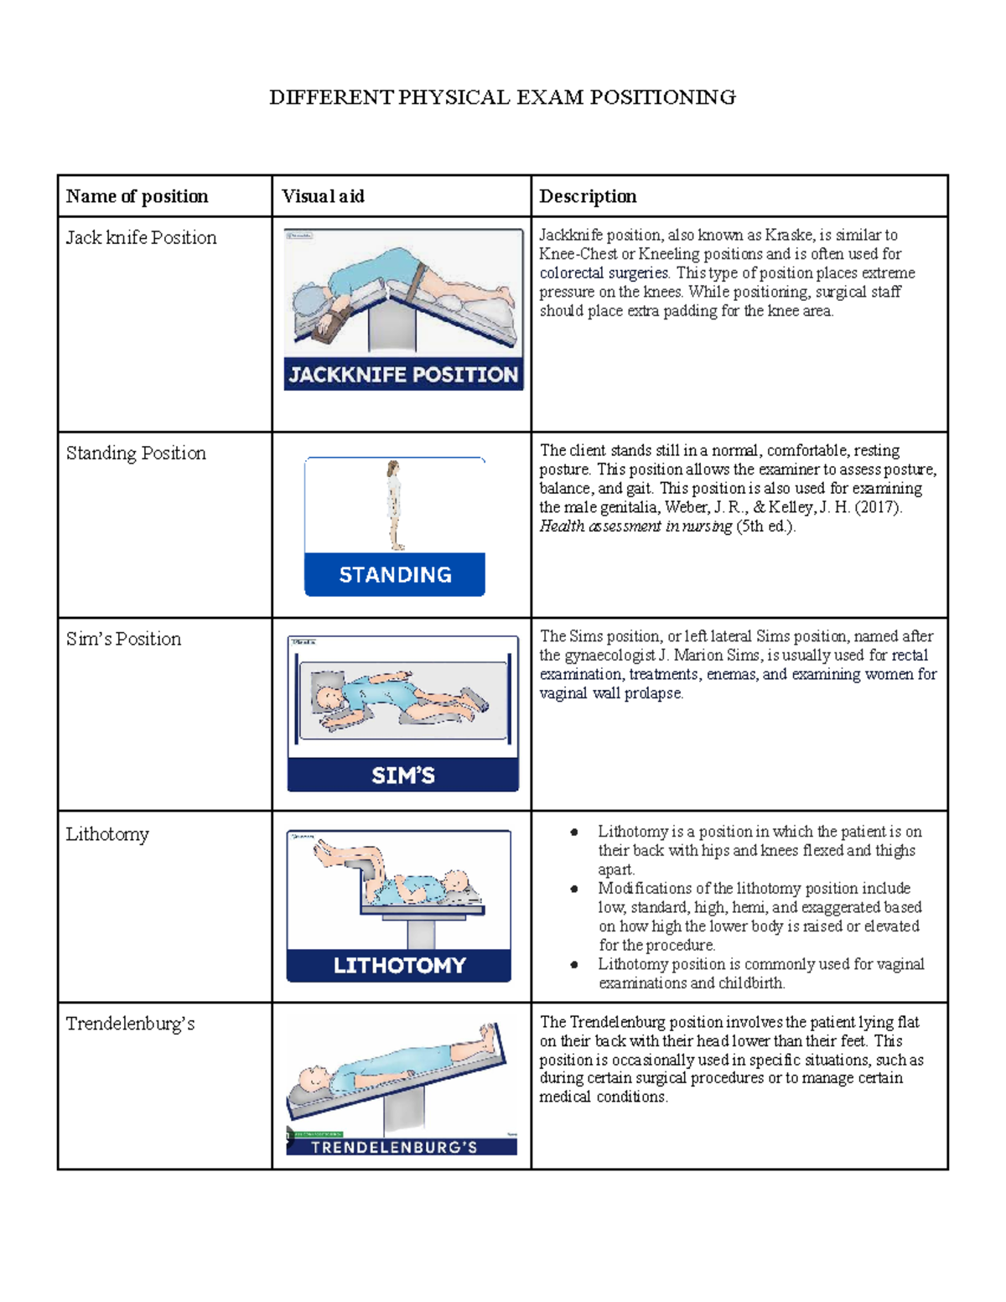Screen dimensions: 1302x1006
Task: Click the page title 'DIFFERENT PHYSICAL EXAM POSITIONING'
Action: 502,98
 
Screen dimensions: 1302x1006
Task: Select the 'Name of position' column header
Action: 137,196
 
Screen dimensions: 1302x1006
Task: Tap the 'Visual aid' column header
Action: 323,196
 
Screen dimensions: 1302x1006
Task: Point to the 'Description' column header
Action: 588,196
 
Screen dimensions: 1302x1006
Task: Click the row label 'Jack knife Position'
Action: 141,238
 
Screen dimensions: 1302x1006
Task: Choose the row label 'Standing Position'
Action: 136,454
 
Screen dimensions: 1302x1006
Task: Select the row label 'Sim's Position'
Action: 123,640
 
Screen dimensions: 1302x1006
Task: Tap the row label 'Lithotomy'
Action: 107,834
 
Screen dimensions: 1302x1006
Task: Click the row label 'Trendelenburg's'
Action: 130,1024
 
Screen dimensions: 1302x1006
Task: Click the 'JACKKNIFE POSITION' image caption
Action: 403,375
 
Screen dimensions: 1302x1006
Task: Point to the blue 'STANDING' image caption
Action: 395,575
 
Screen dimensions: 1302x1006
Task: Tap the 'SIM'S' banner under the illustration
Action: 403,775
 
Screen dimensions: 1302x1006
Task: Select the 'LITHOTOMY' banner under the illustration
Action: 399,966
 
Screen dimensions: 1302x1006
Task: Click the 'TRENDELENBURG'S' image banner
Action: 394,1147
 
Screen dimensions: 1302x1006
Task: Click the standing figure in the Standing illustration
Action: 394,505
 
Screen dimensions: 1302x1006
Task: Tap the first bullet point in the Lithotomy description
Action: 574,833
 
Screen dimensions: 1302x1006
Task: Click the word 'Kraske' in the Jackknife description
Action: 788,236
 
